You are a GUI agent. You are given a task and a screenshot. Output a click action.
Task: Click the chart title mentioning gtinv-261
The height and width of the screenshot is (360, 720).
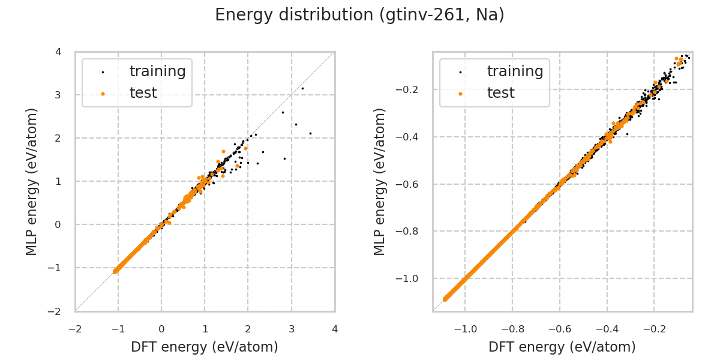359,15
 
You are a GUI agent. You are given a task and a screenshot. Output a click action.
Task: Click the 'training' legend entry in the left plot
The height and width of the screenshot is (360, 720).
157,71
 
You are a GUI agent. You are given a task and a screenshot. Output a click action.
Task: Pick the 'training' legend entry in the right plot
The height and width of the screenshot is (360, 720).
515,71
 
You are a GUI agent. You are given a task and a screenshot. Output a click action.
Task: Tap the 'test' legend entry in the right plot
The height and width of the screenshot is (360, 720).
500,93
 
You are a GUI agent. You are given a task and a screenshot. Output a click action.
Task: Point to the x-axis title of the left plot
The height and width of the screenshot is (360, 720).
205,347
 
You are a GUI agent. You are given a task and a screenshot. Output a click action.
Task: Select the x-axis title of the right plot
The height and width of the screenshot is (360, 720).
562,347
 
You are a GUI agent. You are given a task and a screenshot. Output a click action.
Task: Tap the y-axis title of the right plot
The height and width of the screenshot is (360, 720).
380,181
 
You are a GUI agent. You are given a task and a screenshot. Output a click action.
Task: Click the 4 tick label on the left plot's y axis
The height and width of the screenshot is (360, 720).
58,52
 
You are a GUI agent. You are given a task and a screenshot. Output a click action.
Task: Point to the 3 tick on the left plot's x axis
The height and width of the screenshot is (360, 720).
292,329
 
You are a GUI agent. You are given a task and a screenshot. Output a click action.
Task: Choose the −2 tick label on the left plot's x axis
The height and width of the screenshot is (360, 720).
75,329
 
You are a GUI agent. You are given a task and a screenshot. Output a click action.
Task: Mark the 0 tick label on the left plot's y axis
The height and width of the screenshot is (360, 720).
58,224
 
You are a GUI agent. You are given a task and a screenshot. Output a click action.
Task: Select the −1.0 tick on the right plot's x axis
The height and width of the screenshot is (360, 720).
466,329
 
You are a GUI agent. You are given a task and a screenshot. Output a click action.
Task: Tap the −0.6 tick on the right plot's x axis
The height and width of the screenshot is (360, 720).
560,329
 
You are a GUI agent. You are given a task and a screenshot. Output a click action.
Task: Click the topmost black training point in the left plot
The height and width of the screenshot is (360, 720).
302,88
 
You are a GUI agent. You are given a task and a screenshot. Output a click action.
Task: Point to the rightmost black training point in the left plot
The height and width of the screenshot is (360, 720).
310,133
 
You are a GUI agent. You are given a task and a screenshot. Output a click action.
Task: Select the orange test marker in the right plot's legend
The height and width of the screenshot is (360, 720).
460,94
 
